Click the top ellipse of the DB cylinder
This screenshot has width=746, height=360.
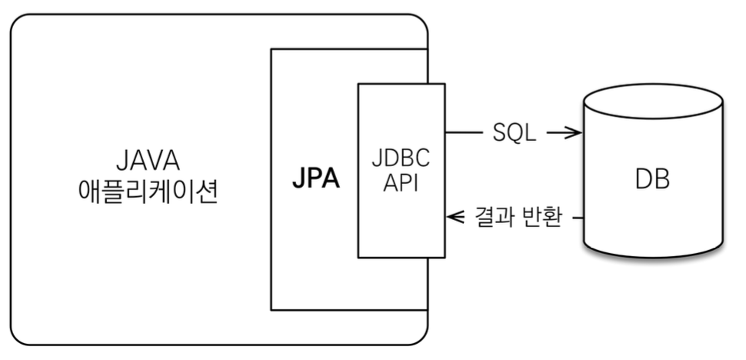(x=653, y=100)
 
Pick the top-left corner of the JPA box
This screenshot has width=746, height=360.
(x=271, y=50)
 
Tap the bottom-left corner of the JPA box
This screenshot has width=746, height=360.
(x=271, y=309)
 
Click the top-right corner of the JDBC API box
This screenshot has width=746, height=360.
(x=445, y=84)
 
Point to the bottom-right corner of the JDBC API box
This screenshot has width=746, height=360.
(x=445, y=257)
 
